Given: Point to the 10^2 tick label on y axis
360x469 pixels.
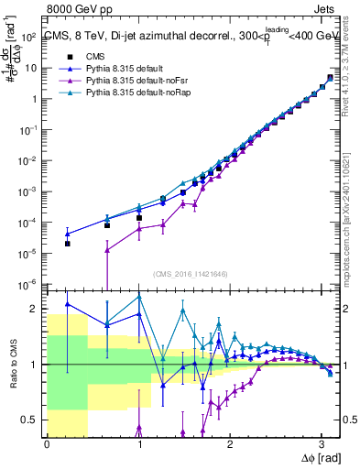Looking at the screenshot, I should (28, 38).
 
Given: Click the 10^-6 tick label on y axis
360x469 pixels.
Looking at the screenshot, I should (27, 283).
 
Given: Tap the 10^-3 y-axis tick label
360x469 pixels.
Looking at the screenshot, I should (27, 191).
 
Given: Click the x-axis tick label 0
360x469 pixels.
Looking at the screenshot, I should (46, 444).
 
